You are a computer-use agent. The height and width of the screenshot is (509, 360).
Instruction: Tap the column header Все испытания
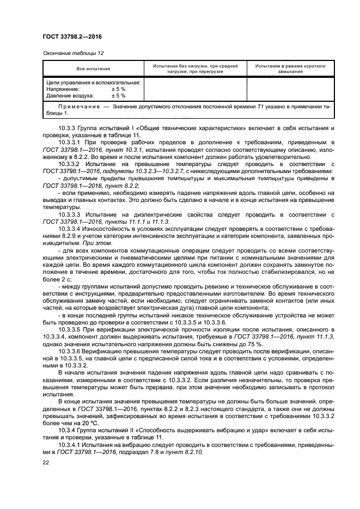pos(93,69)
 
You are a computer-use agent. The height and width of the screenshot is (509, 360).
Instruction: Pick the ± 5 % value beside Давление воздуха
pos(118,95)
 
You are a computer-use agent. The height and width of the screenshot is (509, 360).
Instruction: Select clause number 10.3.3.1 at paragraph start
pos(70,142)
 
